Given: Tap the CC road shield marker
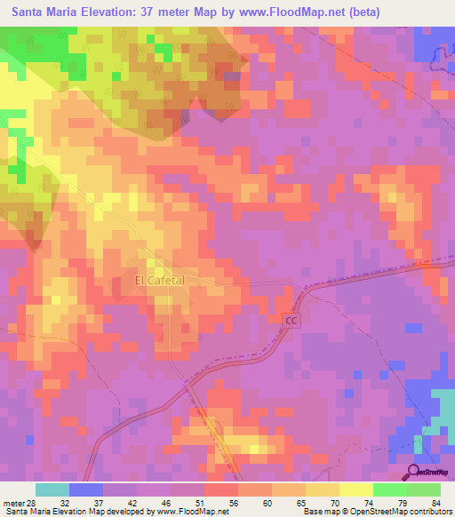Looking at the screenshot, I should coord(291,319).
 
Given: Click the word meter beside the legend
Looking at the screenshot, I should coord(14,502).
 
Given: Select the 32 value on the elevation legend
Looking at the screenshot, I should coord(65,502).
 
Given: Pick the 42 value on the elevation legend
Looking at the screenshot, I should coord(132,502).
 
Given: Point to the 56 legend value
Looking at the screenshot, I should coord(234,502).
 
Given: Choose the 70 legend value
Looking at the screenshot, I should coord(335,502).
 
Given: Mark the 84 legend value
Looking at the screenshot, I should coord(435,502).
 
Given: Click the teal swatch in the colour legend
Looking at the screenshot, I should coord(52,489).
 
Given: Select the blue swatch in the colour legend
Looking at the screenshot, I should coord(86,489).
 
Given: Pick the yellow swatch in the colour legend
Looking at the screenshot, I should coord(356,489).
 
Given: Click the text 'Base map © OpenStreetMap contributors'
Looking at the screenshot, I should coord(377,512).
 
